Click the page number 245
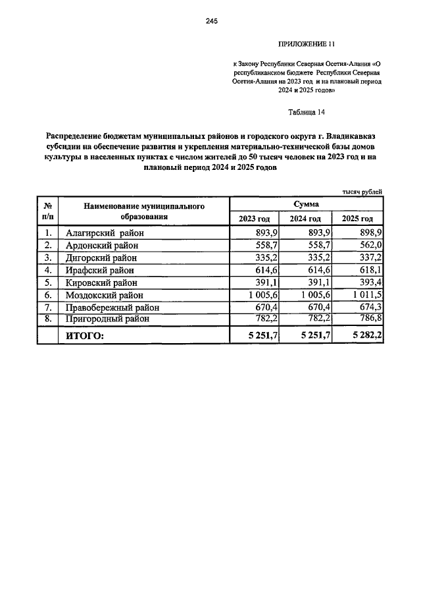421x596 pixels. [x=211, y=22]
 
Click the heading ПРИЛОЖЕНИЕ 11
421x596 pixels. [x=307, y=45]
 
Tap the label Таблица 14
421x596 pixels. [x=307, y=112]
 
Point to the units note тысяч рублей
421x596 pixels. [x=361, y=191]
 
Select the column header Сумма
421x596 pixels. [x=307, y=205]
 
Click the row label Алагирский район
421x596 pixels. [x=105, y=233]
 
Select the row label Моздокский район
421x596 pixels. [x=105, y=295]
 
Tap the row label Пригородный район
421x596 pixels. [x=104, y=319]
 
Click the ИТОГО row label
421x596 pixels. [x=85, y=336]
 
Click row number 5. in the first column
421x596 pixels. [x=47, y=283]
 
